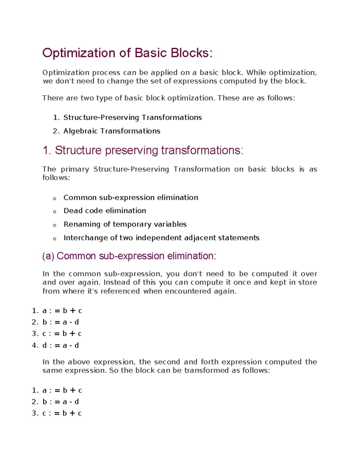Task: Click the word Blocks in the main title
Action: pyautogui.click(x=191, y=53)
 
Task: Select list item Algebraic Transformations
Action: pyautogui.click(x=112, y=131)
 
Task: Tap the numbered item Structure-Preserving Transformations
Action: pyautogui.click(x=132, y=117)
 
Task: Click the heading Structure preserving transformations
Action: pyautogui.click(x=149, y=150)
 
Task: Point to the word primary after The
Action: pyautogui.click(x=75, y=169)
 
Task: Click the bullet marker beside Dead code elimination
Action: pyautogui.click(x=55, y=212)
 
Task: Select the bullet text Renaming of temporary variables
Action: pyautogui.click(x=125, y=224)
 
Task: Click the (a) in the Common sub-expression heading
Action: pyautogui.click(x=48, y=256)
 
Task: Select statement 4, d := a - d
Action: pyautogui.click(x=60, y=345)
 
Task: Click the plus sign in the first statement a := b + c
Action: pyautogui.click(x=72, y=311)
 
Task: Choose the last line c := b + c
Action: pyautogui.click(x=62, y=413)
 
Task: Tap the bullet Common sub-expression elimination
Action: pyautogui.click(x=130, y=198)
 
